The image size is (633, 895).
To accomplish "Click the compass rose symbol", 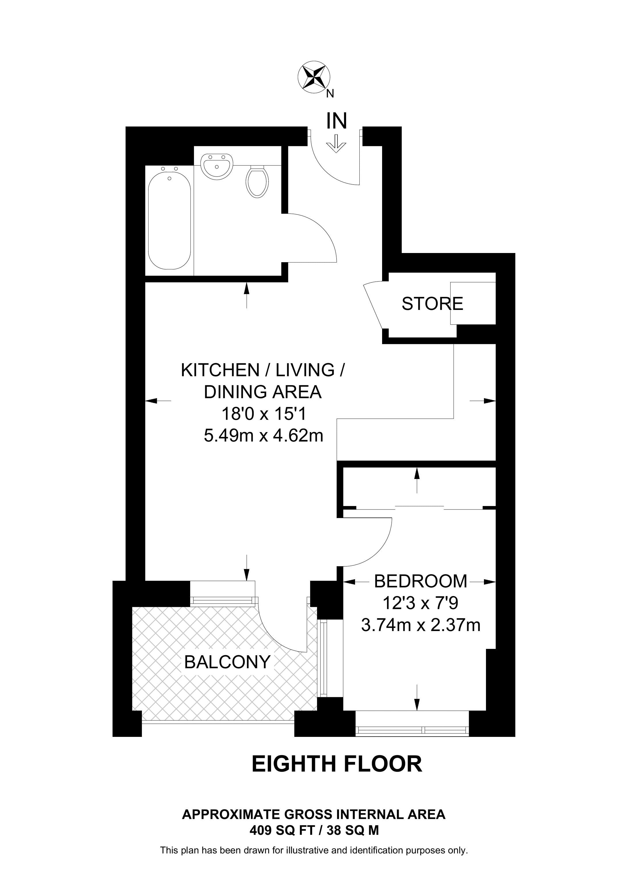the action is (x=314, y=77).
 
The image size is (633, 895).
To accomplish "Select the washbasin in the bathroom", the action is (x=217, y=166).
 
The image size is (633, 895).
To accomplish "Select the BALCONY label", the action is (x=227, y=662).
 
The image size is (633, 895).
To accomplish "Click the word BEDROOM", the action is (x=420, y=581).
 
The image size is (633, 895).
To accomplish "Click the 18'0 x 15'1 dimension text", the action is (x=264, y=414).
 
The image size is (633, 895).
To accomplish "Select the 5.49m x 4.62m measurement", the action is (x=264, y=435).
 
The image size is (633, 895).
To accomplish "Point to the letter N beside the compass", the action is (x=330, y=93).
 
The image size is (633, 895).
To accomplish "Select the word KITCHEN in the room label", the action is (x=220, y=370).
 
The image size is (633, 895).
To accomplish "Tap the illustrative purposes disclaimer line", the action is (x=314, y=850).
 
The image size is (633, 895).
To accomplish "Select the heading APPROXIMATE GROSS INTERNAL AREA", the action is (x=314, y=814).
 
